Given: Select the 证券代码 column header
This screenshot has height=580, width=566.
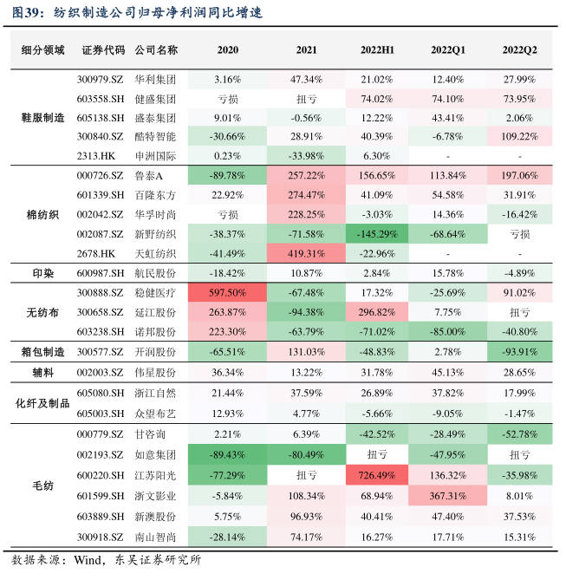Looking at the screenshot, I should pos(103,50).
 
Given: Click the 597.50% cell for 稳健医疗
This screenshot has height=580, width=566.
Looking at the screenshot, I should pos(227,293).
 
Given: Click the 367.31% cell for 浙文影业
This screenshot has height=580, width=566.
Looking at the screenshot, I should pos(449,494).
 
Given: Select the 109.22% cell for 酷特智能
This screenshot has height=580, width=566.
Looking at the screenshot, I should pos(520,136).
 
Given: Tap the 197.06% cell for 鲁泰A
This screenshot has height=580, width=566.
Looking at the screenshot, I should pos(520,176).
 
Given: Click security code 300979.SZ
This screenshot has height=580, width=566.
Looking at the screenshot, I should pos(103,79).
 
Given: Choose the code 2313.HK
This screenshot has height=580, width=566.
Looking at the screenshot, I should pos(103,156).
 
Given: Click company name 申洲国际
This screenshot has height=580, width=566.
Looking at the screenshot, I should pos(156,156).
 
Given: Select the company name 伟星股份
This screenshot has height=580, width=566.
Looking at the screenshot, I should pos(156,372).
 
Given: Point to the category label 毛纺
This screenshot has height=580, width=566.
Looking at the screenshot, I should pos(43,484).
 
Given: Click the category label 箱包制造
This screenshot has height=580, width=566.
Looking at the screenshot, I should pos(43,351).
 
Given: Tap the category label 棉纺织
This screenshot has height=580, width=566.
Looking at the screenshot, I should pos(43,214).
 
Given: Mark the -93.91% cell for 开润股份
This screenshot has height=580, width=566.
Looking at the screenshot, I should pos(520,351).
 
